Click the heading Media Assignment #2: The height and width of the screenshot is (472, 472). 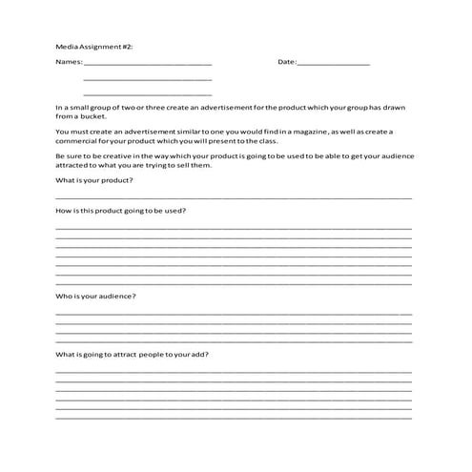point(92,45)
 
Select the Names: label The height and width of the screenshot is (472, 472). point(69,62)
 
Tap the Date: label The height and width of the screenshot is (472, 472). point(287,62)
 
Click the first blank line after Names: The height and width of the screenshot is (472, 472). point(148,64)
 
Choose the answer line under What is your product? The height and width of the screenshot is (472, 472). point(234,197)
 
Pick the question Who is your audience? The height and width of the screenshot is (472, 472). point(95,296)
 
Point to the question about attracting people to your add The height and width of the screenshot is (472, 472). point(133,355)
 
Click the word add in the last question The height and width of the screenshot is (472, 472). point(200,355)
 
